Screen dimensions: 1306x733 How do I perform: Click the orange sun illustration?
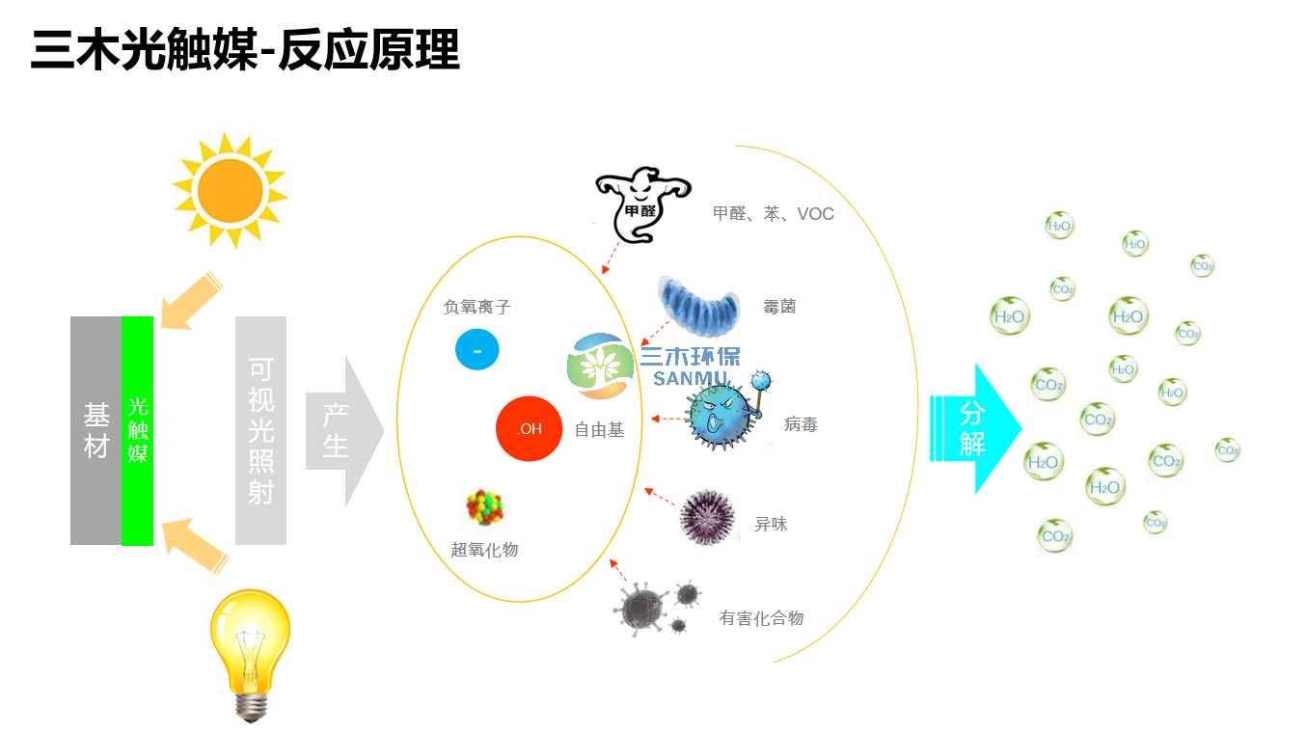[230, 191]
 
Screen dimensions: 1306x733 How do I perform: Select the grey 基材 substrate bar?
[95, 430]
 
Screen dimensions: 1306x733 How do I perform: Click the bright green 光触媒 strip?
[138, 430]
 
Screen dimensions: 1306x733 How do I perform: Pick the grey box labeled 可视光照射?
[260, 430]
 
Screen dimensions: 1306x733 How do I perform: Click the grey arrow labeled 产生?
[344, 431]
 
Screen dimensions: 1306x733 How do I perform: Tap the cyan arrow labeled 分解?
[975, 428]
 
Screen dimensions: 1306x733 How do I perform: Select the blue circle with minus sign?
[476, 350]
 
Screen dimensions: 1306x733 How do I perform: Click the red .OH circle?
[529, 428]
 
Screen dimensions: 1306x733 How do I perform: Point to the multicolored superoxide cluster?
[484, 506]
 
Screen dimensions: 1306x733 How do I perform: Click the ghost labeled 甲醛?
[643, 204]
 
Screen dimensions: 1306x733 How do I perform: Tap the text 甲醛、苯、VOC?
[774, 214]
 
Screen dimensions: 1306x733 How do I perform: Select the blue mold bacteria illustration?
[698, 306]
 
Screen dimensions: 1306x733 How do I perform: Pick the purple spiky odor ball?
[707, 518]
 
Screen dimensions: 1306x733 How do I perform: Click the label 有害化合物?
[761, 618]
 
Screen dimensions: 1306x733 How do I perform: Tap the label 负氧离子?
[476, 307]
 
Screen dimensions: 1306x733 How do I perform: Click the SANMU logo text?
[691, 378]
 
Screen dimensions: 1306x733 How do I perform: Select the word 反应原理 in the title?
[369, 50]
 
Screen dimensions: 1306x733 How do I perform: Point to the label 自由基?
[599, 430]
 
